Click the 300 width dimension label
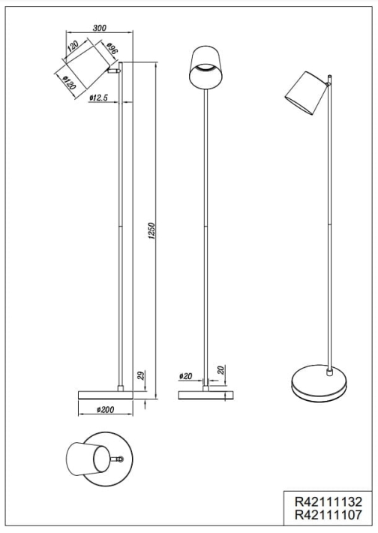pos(99,28)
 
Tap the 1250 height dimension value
pos(151,230)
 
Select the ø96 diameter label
pos(112,49)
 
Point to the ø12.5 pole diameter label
pos(98,98)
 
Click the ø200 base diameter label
pos(105,410)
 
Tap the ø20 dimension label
pos(185,376)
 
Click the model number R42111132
pos(328,501)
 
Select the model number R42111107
pos(328,515)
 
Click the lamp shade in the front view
pos(206,68)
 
